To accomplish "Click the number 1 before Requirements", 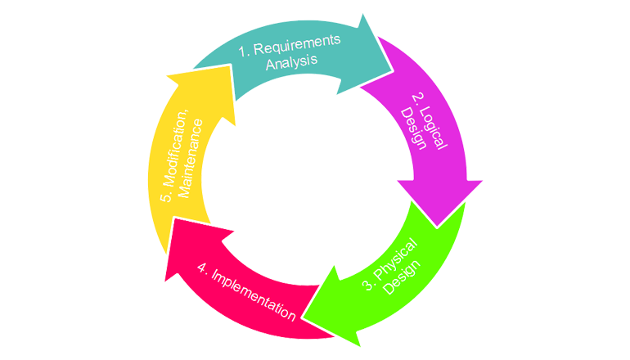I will [x=243, y=51].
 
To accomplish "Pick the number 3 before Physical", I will [x=367, y=286].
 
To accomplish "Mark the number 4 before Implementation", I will [x=202, y=267].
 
